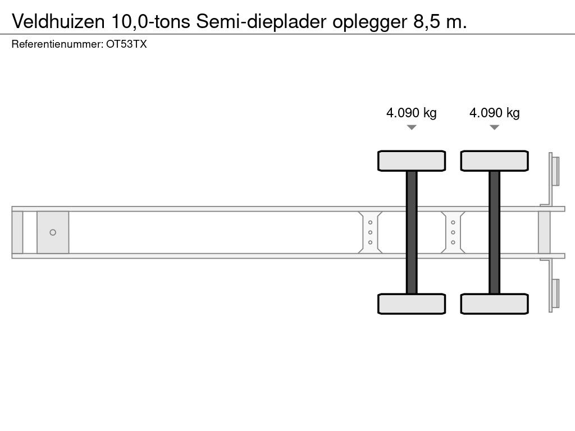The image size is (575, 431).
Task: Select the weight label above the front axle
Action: [x=411, y=113]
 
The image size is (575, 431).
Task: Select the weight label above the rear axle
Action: [x=494, y=113]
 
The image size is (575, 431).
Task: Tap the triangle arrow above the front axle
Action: [x=412, y=127]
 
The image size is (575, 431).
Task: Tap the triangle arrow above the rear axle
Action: [x=494, y=127]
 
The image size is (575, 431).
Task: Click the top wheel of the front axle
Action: [x=412, y=161]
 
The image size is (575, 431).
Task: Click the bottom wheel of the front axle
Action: [x=412, y=304]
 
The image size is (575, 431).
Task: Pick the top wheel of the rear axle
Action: [x=494, y=161]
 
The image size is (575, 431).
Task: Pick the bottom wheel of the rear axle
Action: [x=494, y=304]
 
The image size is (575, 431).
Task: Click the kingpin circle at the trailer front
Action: [x=53, y=232]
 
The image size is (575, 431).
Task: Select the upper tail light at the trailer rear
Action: [x=555, y=171]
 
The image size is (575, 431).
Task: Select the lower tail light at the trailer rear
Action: [x=555, y=294]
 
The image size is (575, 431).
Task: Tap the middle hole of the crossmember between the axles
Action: [x=453, y=232]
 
